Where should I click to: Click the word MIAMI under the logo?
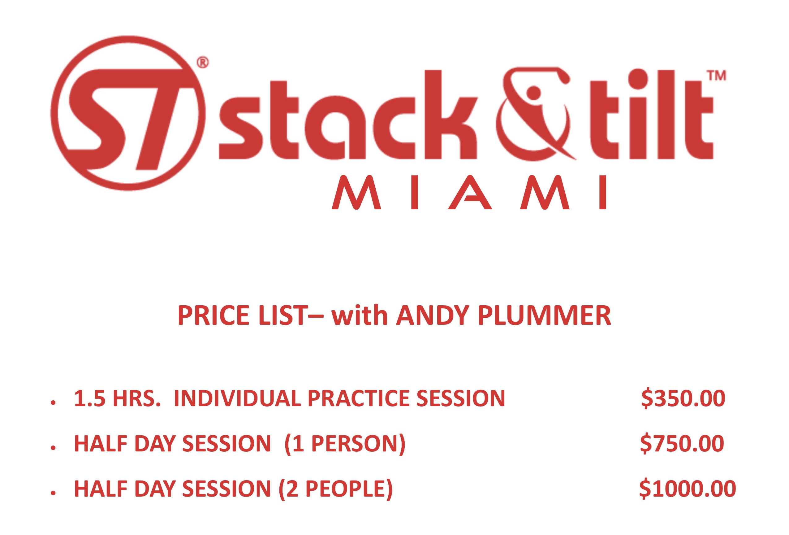469,192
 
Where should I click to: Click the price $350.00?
683,398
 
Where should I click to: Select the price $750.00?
682,444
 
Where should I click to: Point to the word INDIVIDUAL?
237,398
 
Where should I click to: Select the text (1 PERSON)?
345,444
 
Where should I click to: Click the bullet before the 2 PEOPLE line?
53,494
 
